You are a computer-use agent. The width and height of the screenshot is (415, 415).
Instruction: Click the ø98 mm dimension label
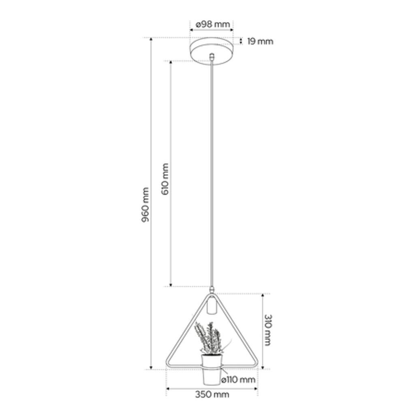click(212, 24)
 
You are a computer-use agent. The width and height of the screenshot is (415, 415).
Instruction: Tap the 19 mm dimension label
click(260, 42)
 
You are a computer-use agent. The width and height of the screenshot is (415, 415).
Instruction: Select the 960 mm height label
click(145, 205)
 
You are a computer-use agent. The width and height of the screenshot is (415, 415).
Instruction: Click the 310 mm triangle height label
click(268, 330)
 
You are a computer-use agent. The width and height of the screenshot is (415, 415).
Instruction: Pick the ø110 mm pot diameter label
click(238, 380)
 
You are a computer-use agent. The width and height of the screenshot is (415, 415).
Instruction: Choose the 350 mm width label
click(212, 395)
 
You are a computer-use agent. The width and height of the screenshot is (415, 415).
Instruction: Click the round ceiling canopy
click(212, 51)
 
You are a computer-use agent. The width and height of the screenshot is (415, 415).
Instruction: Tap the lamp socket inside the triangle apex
click(212, 306)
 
